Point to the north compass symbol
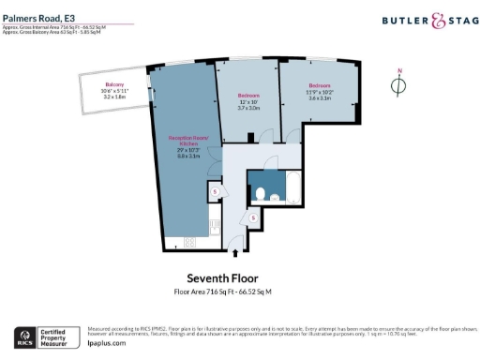pos(398,85)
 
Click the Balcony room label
pos(114,83)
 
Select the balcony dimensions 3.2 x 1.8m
pos(114,97)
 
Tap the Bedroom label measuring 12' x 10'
pos(247,96)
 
